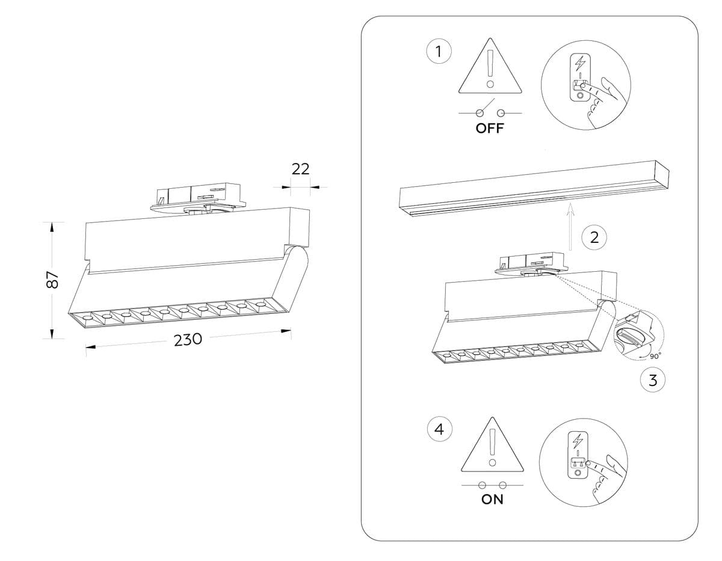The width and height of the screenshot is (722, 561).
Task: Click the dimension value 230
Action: (x=188, y=340)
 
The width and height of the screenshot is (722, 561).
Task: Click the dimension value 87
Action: (x=53, y=280)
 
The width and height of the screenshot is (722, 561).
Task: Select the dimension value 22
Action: (x=300, y=169)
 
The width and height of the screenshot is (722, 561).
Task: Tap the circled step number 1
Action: (x=439, y=52)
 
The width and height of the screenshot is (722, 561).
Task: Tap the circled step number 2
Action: (x=594, y=238)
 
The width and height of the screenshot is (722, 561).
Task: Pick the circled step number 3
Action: (x=653, y=379)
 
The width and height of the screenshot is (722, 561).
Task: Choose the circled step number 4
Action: (x=439, y=429)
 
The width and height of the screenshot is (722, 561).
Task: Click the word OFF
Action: (x=490, y=128)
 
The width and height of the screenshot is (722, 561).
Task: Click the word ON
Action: (x=492, y=500)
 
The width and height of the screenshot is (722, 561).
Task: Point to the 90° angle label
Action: (x=655, y=355)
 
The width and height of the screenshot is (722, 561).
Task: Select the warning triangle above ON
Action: (x=492, y=446)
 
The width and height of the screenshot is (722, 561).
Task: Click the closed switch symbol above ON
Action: (x=492, y=485)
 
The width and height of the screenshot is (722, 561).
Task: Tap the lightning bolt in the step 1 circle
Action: (x=580, y=63)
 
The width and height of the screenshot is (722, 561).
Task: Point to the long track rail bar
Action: (x=535, y=186)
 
